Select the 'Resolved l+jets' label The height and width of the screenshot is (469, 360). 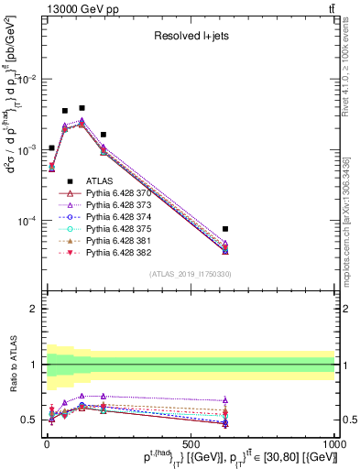pos(190,38)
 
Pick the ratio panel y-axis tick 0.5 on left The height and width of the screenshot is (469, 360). pos(31,420)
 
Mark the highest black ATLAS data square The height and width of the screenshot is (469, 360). pos(82,108)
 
